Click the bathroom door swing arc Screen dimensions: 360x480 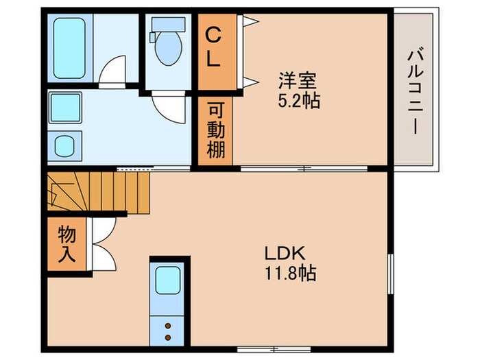111,71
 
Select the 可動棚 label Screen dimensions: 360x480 216,130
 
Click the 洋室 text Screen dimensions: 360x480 296,80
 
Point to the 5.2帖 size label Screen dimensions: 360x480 296,101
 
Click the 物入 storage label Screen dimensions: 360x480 67,243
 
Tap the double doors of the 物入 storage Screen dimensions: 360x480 101,245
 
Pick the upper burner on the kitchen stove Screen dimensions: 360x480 168,328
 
